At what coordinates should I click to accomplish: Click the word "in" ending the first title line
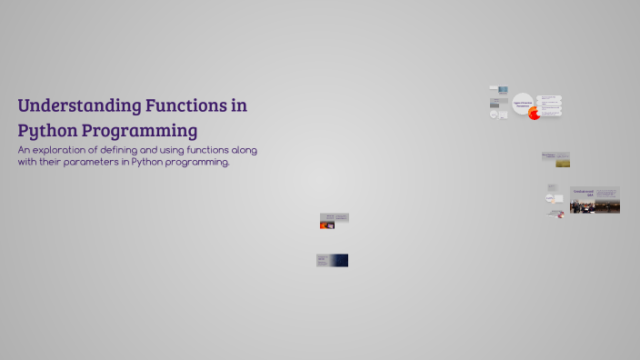pyautogui.click(x=238, y=105)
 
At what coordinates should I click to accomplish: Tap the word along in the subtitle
pyautogui.click(x=246, y=149)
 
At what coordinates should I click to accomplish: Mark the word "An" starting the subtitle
pyautogui.click(x=25, y=149)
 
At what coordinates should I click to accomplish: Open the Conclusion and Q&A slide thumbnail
pyautogui.click(x=595, y=200)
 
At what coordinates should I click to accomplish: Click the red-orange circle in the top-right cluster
pyautogui.click(x=535, y=114)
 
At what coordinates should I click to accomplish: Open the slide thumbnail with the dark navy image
pyautogui.click(x=333, y=260)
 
